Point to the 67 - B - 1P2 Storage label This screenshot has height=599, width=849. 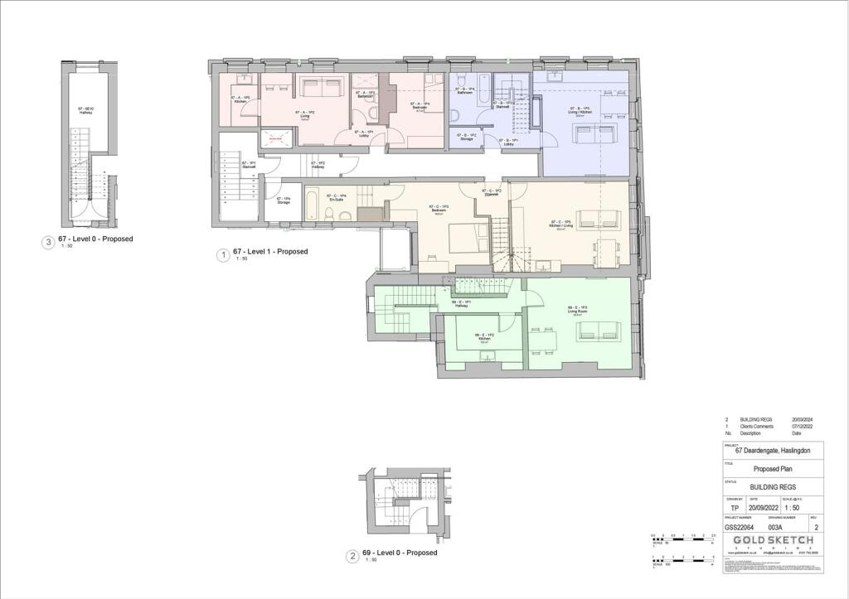coord(466,138)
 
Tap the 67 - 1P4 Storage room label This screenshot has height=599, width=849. coord(283,200)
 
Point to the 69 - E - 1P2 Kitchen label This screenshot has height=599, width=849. coord(485,337)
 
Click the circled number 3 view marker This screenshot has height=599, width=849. coord(49,243)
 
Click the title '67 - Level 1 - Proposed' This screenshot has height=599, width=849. coord(270,252)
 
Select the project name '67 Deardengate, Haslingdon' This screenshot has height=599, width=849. coord(772,450)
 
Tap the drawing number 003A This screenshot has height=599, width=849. coord(776,526)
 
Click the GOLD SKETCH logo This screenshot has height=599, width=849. coord(772,539)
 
